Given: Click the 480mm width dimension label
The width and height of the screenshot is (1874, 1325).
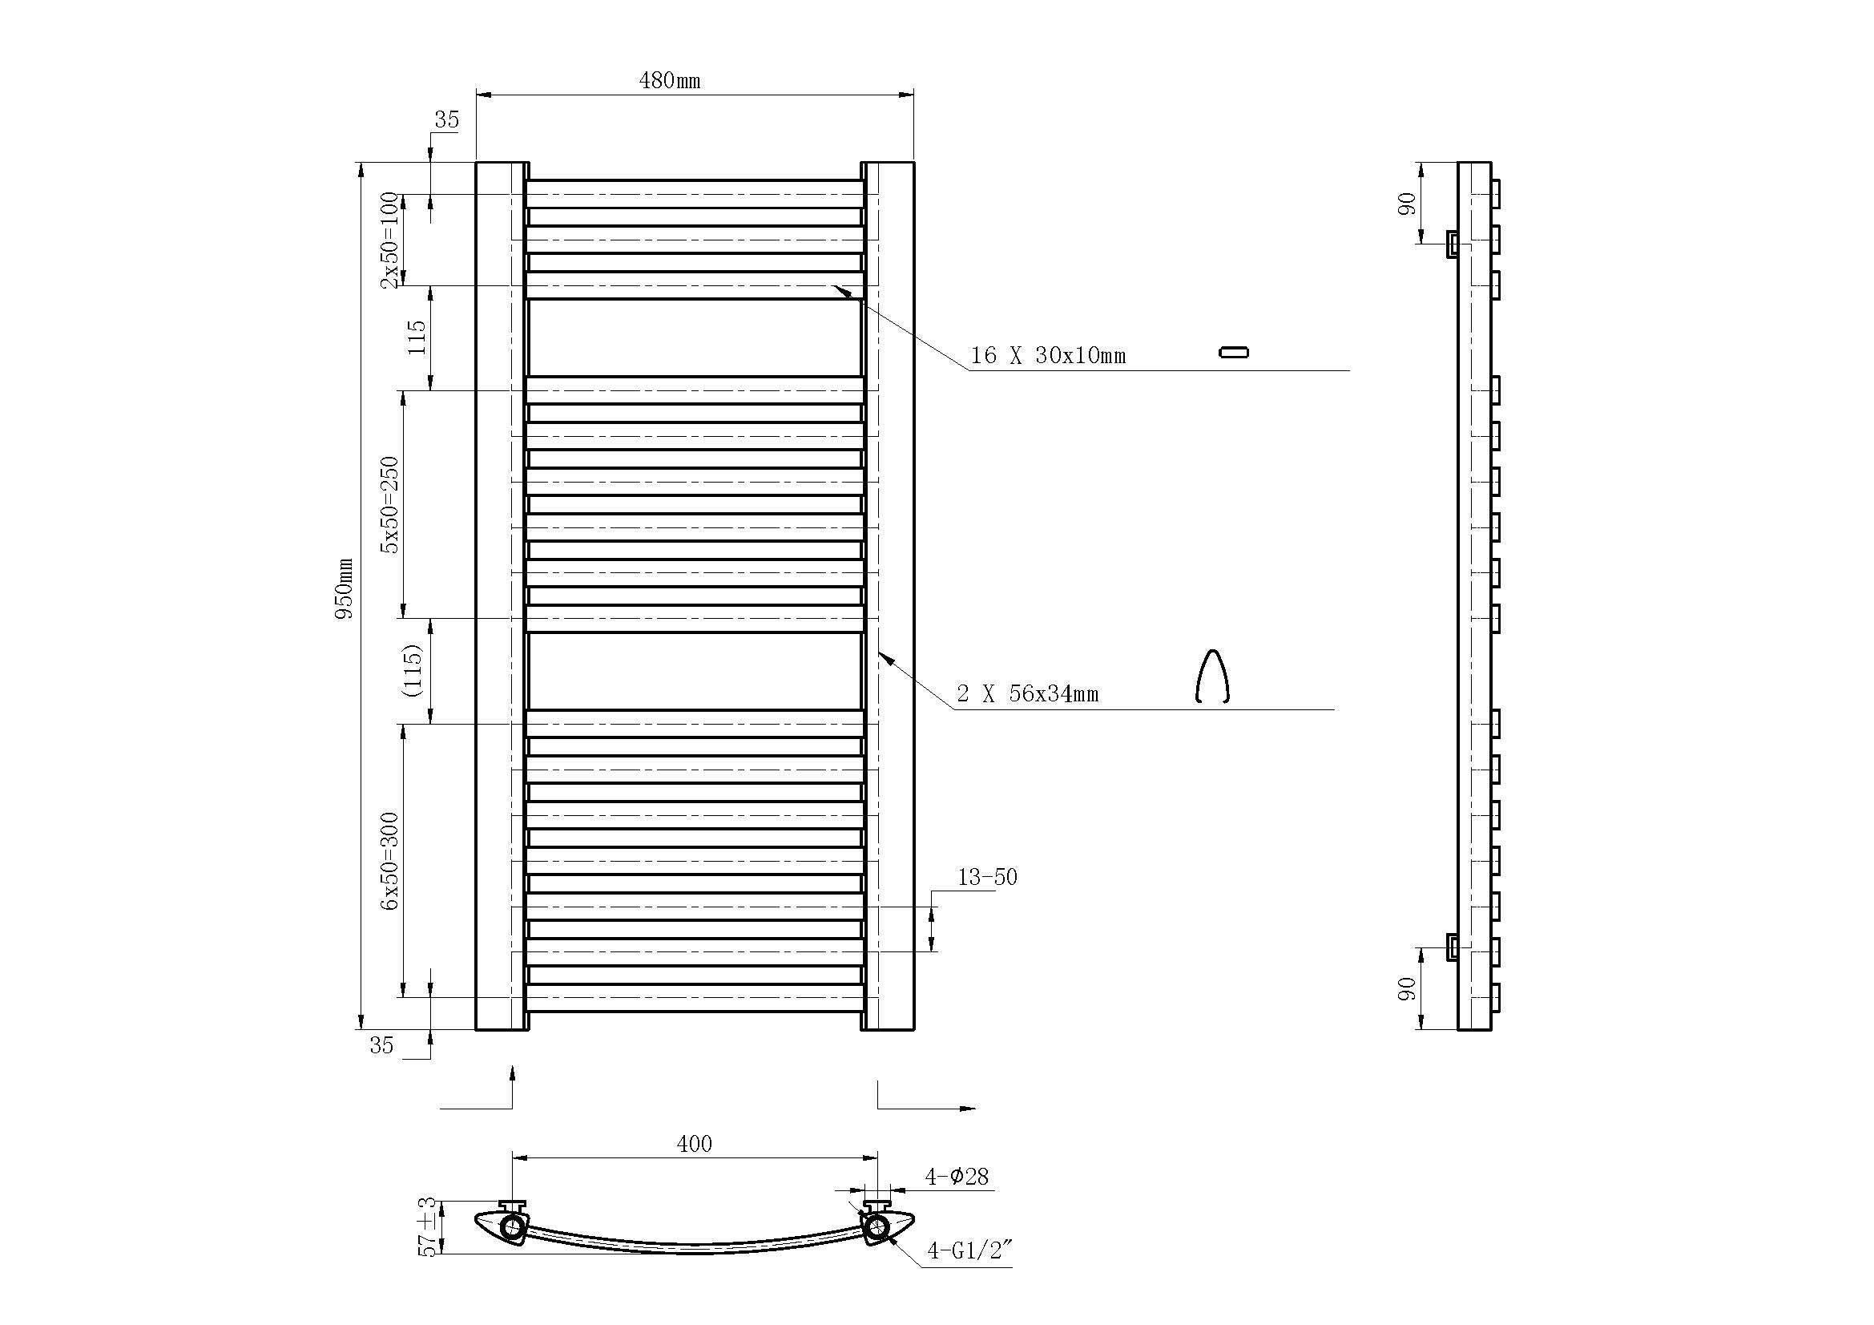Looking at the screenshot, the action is [669, 80].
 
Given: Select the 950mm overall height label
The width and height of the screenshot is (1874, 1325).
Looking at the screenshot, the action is [345, 588].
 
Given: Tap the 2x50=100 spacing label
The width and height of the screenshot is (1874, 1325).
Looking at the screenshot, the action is [390, 240].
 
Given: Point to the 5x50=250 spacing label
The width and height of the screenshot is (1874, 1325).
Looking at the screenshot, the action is [390, 504].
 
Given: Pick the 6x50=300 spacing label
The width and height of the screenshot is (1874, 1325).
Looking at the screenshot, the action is [390, 862].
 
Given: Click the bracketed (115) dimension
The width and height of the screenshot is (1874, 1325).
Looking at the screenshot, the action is [413, 670].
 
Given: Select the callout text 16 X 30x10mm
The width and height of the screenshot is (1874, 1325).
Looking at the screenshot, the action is [1047, 356].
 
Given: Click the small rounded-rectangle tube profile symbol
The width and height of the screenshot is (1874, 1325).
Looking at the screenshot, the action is [1233, 353].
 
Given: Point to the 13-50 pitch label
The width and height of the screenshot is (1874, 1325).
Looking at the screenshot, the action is [988, 878].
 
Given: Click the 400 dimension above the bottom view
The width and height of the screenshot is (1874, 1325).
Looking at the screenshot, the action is [695, 1145].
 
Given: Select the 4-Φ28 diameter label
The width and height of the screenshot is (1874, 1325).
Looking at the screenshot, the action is [957, 1178].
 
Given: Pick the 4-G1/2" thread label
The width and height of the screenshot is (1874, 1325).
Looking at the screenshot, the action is [969, 1250].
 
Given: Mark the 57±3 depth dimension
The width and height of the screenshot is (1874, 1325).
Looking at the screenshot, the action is [427, 1227].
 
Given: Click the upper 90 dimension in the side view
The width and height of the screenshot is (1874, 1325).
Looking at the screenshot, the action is [1406, 204].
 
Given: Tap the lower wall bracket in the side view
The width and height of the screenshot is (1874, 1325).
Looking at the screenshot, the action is [1452, 947].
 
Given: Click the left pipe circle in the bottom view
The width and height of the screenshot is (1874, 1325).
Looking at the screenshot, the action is [513, 1227].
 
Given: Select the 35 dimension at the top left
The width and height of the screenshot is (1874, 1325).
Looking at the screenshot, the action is [446, 120].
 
